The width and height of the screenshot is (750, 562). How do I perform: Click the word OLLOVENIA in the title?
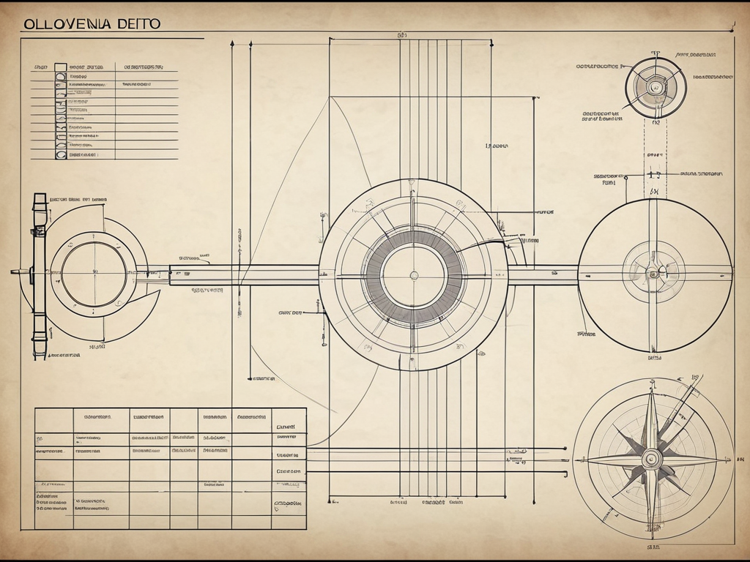[67, 23]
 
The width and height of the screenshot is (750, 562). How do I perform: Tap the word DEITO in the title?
[137, 23]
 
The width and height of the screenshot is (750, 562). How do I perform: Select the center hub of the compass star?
[651, 459]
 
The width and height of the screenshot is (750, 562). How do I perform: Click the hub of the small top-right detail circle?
[656, 88]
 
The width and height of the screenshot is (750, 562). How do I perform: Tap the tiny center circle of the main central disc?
[414, 275]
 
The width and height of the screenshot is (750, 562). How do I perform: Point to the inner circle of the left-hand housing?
[93, 274]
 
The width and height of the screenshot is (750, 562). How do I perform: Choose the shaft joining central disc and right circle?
[542, 275]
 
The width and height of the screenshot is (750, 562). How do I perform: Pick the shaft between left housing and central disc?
[242, 275]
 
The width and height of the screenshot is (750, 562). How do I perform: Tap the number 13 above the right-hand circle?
[655, 176]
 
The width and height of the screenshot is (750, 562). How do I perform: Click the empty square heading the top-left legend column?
[60, 67]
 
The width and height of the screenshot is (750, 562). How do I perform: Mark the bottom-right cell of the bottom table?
[289, 520]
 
